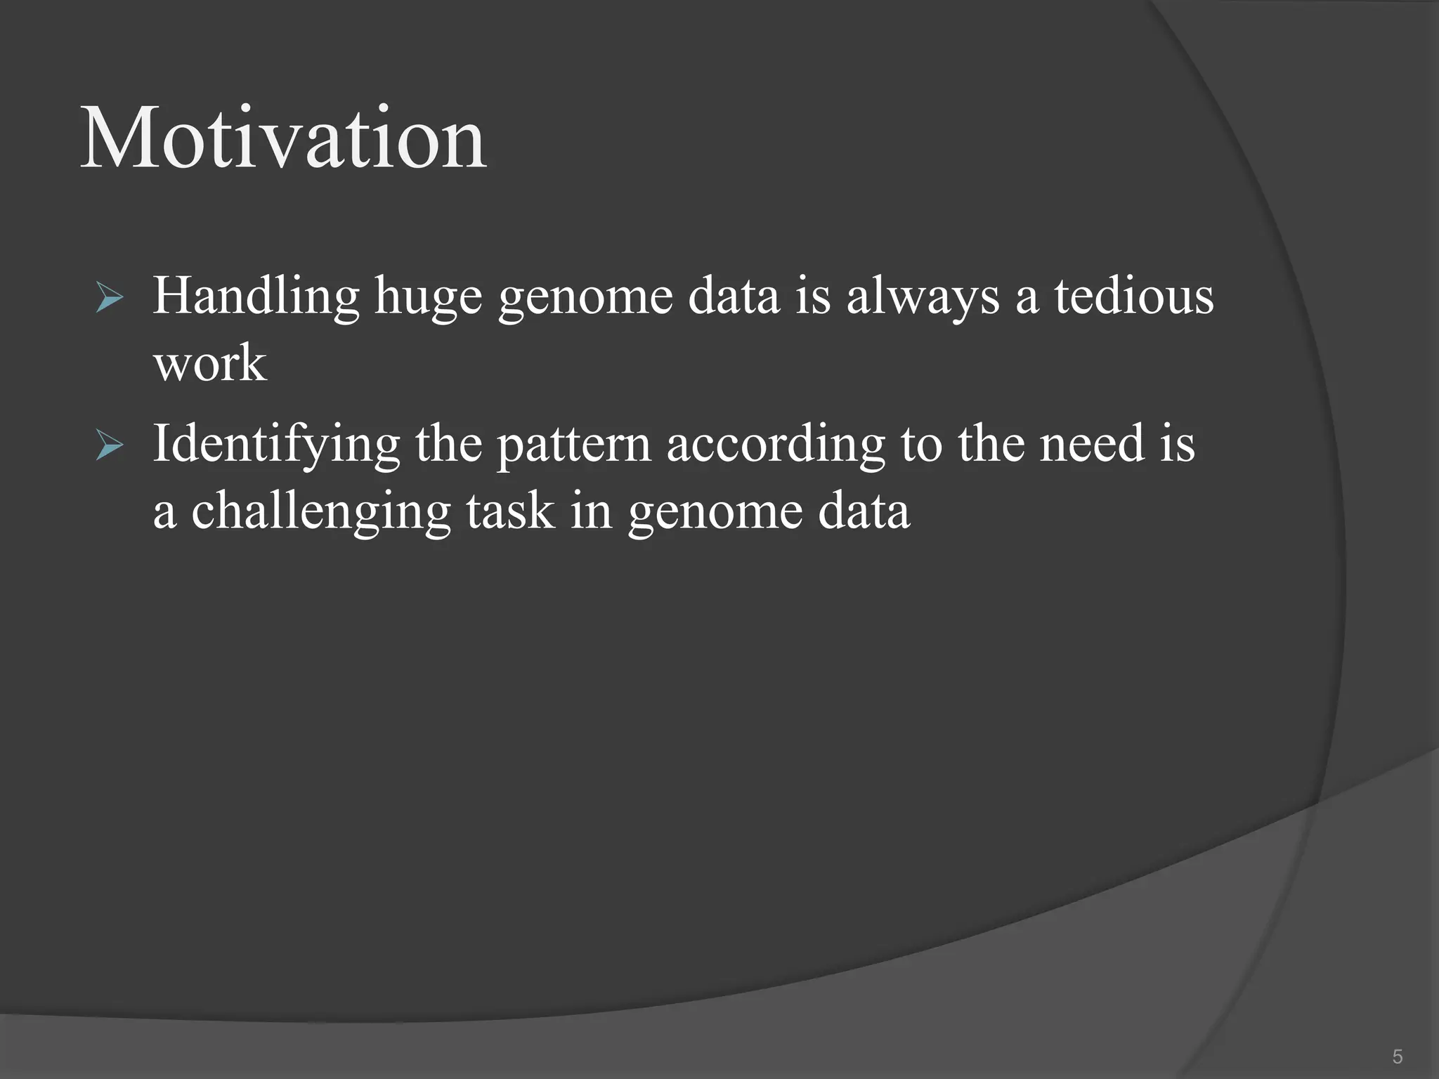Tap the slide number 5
click(1397, 1056)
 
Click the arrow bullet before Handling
click(110, 298)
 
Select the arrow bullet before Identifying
click(110, 445)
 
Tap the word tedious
click(1133, 295)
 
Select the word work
click(210, 363)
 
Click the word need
click(1092, 444)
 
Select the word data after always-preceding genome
click(734, 296)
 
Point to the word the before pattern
click(448, 444)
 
